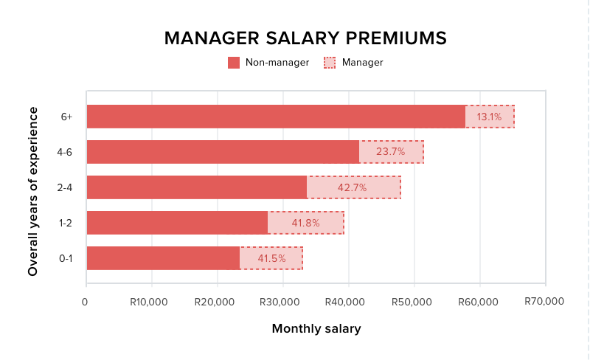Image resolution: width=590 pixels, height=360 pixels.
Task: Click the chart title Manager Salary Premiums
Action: [305, 38]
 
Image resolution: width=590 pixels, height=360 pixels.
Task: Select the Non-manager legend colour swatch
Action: [234, 63]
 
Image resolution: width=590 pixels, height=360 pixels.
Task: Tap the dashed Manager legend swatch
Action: [330, 63]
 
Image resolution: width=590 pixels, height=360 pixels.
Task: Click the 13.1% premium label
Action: [489, 117]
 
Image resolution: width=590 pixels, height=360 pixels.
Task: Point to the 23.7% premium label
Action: [391, 152]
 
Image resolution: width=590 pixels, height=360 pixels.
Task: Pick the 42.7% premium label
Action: [353, 187]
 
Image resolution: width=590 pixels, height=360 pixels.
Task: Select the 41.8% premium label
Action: [305, 223]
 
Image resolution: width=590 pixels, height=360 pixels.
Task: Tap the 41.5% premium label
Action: [270, 258]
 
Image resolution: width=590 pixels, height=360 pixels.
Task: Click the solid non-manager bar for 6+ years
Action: [276, 117]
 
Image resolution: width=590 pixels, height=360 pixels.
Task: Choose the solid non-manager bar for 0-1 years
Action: [163, 258]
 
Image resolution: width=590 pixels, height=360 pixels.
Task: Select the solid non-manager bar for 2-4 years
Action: [196, 187]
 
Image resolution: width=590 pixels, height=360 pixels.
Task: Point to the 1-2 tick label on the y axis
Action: [66, 223]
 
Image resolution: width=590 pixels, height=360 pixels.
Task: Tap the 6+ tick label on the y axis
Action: [67, 117]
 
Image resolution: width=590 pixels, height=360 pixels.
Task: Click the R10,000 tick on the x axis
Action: [149, 302]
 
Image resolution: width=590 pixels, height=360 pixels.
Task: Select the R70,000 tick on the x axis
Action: [544, 301]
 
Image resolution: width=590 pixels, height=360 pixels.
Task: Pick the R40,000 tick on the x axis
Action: [346, 302]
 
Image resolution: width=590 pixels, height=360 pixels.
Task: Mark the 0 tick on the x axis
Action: [86, 302]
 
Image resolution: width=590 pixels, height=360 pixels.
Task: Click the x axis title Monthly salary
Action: [316, 329]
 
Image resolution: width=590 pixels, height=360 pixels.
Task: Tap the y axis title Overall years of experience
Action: [33, 191]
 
